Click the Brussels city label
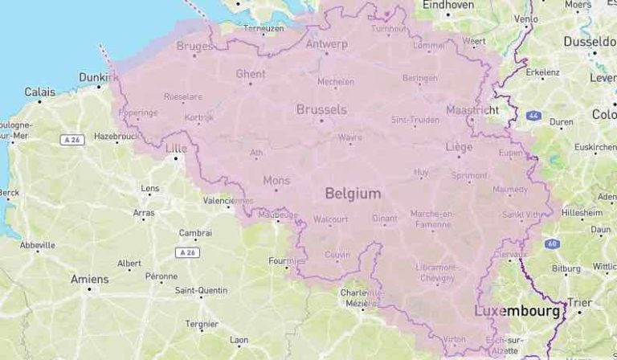coord(321,108)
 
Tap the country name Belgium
coord(353,193)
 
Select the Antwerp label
coord(326,44)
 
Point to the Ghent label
coord(251,74)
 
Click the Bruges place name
coord(194,46)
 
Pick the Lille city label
coord(175,148)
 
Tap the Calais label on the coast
coord(39,92)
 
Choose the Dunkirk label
coord(96,77)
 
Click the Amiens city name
coord(89,279)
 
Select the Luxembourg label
coord(516,310)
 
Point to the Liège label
coord(460,147)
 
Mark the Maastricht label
coord(472,109)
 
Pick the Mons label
coord(276,180)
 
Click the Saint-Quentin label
coord(200,290)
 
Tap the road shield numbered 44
coord(533,116)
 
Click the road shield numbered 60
coord(551,243)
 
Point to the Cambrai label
coord(195,233)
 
